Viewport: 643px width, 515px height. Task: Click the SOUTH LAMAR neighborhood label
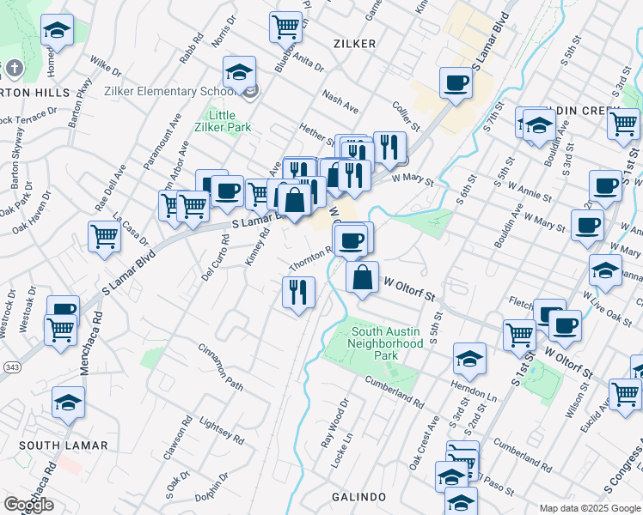pyautogui.click(x=64, y=445)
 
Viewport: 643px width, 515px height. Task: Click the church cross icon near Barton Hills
pyautogui.click(x=15, y=68)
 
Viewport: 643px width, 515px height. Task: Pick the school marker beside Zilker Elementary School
pyautogui.click(x=240, y=72)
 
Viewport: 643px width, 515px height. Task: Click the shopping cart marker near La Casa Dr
pyautogui.click(x=104, y=236)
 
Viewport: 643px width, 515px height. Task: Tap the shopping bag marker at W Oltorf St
pyautogui.click(x=363, y=277)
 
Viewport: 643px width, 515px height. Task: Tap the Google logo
pyautogui.click(x=28, y=505)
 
